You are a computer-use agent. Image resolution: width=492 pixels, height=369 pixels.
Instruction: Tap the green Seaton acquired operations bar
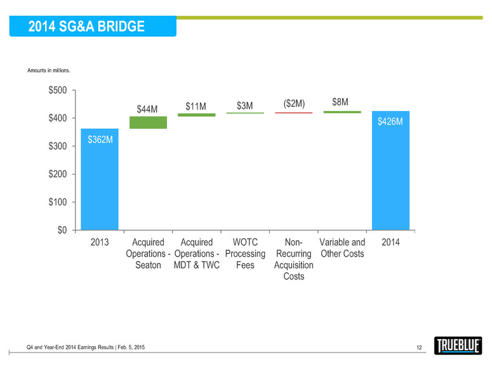click(x=148, y=123)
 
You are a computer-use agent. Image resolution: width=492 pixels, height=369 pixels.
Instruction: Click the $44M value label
click(x=149, y=110)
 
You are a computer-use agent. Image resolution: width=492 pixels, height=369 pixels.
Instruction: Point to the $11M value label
click(x=196, y=106)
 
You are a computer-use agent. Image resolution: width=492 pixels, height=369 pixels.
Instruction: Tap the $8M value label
click(x=342, y=102)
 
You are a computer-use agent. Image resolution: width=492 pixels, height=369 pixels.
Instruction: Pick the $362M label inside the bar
click(x=99, y=139)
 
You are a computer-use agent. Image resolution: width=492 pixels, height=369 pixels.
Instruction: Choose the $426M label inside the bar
click(x=390, y=121)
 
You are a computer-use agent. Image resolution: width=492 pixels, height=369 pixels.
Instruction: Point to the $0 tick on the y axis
click(x=63, y=230)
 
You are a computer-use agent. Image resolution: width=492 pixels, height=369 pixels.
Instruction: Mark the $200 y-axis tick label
click(x=59, y=174)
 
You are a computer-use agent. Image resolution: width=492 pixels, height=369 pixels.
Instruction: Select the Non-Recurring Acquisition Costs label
click(x=294, y=259)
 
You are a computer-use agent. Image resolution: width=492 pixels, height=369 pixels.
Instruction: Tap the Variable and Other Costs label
click(x=342, y=248)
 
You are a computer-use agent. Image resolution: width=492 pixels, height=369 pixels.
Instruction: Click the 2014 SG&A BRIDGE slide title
click(x=87, y=27)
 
